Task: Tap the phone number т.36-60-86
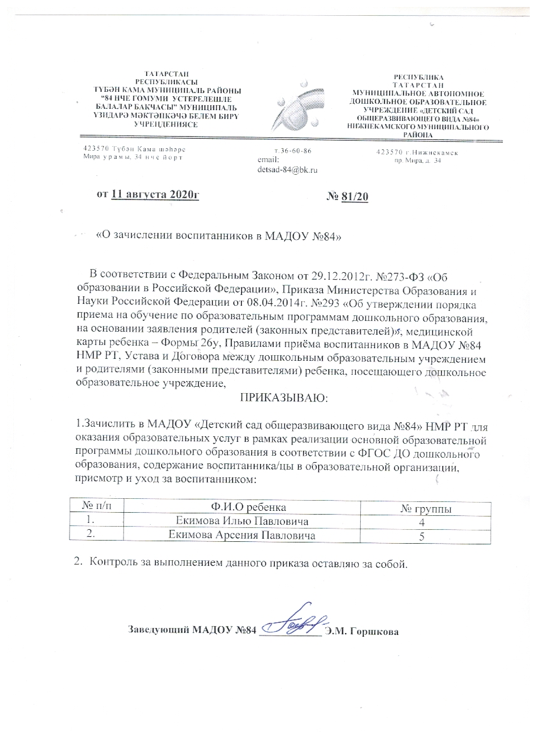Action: coord(292,151)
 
